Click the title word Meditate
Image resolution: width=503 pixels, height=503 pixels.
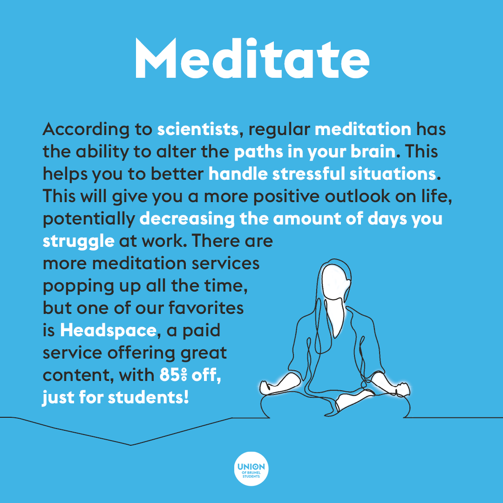click(252, 59)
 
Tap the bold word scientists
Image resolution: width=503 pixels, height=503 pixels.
click(197, 129)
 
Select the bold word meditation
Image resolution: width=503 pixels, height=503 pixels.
click(363, 129)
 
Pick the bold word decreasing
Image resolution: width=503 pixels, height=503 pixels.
click(187, 219)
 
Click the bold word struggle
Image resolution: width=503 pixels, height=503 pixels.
click(78, 242)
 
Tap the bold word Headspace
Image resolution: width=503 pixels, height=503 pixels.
click(108, 331)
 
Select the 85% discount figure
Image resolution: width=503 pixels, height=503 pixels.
click(173, 374)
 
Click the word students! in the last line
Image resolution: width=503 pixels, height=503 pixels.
click(148, 397)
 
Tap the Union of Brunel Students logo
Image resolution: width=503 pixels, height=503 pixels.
click(251, 469)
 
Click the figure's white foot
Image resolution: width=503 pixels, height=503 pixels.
click(353, 400)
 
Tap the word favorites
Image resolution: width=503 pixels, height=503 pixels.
click(206, 308)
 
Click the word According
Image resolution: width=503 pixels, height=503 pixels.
click(86, 130)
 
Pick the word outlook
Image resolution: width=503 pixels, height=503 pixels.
click(357, 197)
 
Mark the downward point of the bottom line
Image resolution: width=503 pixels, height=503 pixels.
click(130, 445)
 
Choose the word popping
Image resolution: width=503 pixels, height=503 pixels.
click(78, 286)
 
